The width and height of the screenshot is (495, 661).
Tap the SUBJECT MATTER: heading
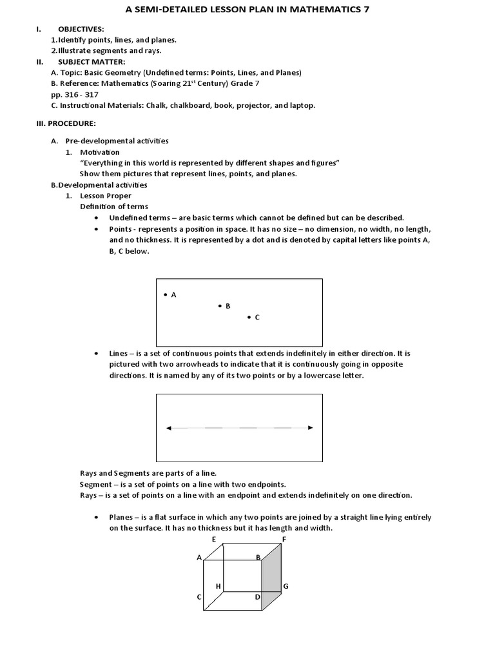point(88,62)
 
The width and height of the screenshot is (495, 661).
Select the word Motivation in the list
point(100,152)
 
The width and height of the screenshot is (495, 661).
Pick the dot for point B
point(219,306)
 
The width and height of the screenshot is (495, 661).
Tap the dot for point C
point(249,317)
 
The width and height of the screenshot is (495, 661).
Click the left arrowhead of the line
point(169,427)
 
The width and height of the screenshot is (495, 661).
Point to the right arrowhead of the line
point(310,427)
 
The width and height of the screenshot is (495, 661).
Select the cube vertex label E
point(213,538)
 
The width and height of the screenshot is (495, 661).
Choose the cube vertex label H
point(218,586)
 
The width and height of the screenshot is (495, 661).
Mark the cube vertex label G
point(286,586)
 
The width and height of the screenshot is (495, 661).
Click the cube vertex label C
point(199,598)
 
